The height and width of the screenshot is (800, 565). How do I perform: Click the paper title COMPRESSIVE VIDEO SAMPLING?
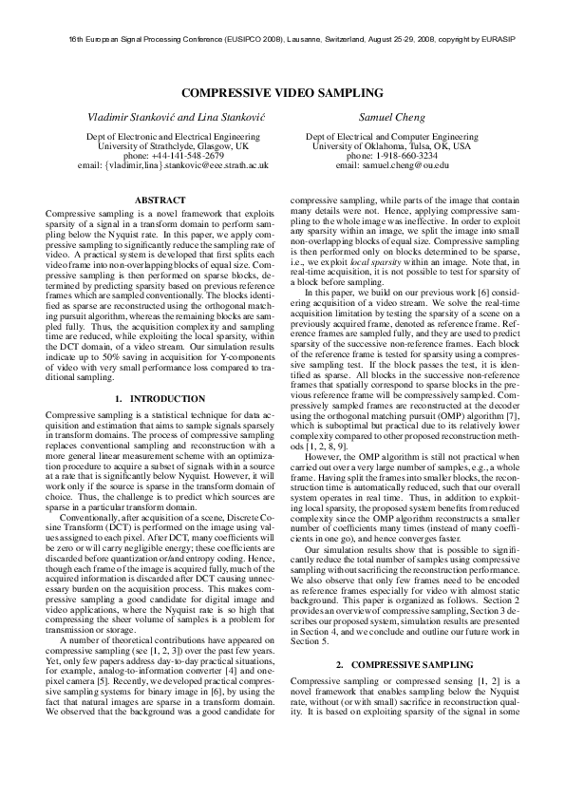coord(282,93)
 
